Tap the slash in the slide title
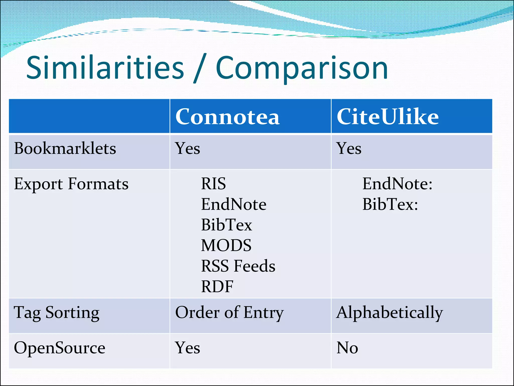(200, 68)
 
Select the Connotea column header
(227, 117)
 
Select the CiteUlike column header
(388, 117)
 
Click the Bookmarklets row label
(65, 148)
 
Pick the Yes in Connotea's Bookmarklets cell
(187, 148)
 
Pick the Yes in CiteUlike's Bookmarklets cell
(349, 148)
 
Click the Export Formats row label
(71, 184)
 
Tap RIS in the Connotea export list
(213, 184)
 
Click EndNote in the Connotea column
(233, 204)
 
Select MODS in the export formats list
(226, 246)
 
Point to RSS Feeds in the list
(238, 266)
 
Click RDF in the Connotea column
(217, 286)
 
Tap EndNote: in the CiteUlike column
(397, 184)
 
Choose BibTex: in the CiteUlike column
(390, 204)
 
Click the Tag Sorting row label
(57, 313)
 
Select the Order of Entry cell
(229, 313)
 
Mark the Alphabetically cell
(390, 313)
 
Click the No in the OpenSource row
(347, 348)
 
